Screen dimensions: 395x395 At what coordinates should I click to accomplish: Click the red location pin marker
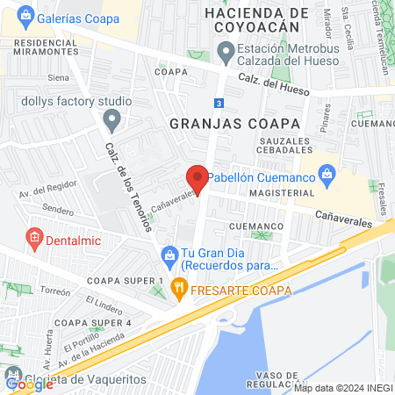(x=197, y=178)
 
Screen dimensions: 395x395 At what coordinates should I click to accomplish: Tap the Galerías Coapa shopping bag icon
(x=25, y=15)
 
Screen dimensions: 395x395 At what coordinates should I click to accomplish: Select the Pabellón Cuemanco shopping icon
(x=327, y=174)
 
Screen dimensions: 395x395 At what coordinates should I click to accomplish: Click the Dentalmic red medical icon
(x=34, y=236)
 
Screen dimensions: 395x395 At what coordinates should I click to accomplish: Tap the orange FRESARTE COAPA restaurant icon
(x=179, y=285)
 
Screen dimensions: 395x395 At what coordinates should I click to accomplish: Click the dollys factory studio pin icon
(x=108, y=118)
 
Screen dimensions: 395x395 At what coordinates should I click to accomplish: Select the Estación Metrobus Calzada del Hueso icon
(x=226, y=54)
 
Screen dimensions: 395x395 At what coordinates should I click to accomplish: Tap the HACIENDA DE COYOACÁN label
(x=255, y=20)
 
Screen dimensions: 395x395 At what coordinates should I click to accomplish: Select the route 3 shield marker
(x=218, y=103)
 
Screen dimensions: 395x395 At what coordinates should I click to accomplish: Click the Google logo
(x=29, y=384)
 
